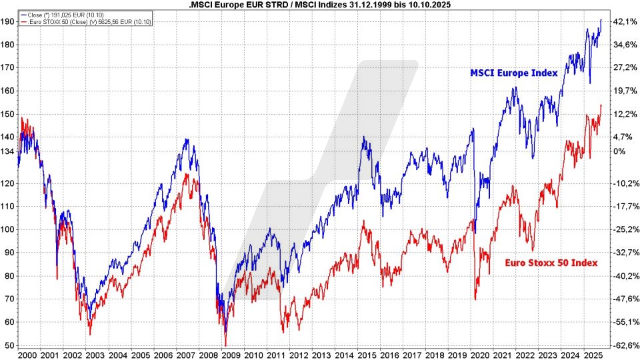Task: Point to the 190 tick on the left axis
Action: [9, 22]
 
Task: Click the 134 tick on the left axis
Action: [9, 151]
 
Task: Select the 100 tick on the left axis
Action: [9, 229]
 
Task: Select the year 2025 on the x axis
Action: [591, 355]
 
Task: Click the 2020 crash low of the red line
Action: [475, 299]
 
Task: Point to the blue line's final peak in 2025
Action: [601, 20]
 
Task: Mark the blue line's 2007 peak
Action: [186, 139]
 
